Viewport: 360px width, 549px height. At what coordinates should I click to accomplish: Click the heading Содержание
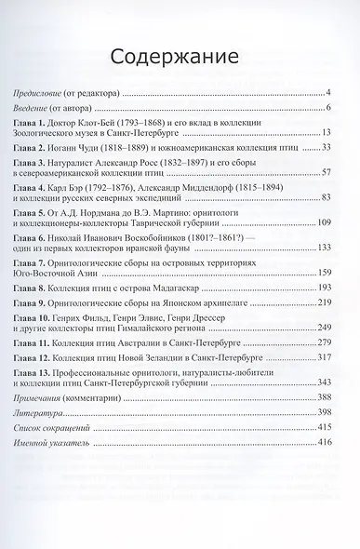[x=180, y=57]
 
